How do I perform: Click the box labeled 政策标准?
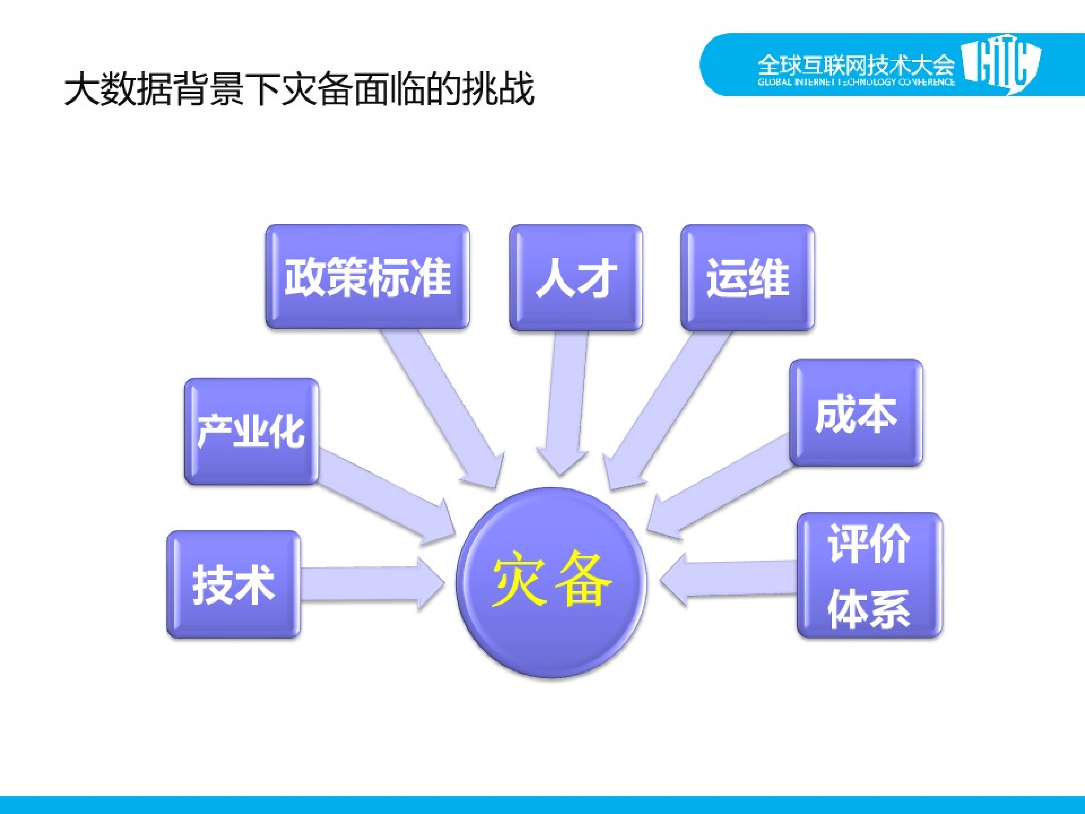point(367,277)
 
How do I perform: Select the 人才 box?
point(575,277)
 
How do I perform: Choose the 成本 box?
point(855,412)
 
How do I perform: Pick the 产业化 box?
point(251,431)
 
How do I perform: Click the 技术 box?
point(234,584)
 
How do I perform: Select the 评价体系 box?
point(869,575)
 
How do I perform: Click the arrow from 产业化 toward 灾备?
point(383,495)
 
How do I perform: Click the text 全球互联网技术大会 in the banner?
point(856,64)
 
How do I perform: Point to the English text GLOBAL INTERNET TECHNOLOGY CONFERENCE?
point(856,82)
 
